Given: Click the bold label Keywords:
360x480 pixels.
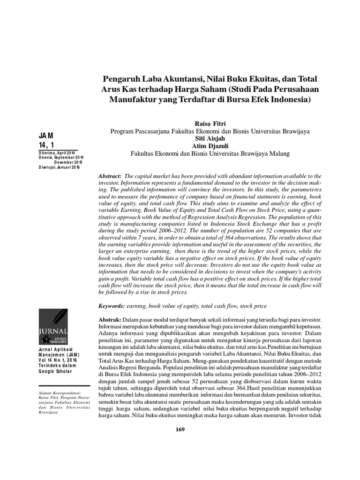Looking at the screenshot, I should click(111, 306).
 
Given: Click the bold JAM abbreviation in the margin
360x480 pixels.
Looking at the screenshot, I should click(46, 135).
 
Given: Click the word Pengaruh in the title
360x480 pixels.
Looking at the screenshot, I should click(122, 78).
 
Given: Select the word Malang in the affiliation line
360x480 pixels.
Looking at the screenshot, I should click(279, 153).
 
